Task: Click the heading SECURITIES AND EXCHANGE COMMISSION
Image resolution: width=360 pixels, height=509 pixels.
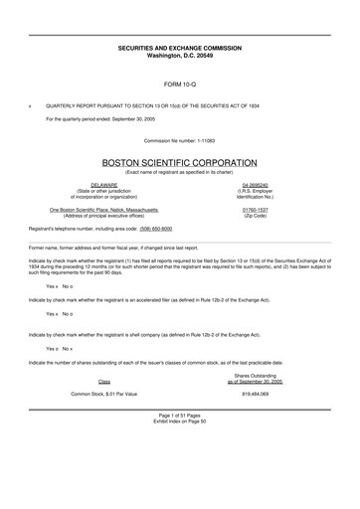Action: pos(180,47)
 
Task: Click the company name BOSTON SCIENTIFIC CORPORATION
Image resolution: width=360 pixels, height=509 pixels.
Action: pos(180,162)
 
